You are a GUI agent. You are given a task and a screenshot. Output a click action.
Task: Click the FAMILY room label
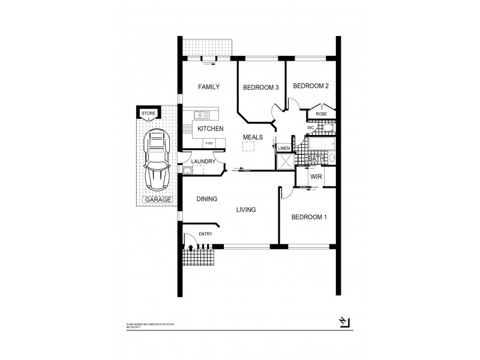coord(209,87)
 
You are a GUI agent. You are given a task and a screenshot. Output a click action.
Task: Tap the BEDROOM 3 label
coord(260,88)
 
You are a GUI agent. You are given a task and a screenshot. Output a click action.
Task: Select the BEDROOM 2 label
coord(311,86)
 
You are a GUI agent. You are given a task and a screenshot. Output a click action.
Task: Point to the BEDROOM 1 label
coord(308,217)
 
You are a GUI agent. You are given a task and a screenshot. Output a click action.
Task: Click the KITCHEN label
coord(211,129)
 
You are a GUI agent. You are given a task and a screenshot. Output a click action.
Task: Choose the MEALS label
coord(253,137)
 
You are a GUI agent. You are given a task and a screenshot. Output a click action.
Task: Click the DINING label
coord(206,199)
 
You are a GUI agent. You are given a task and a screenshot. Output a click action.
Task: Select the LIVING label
coord(246,209)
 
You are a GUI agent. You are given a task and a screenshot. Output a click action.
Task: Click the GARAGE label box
coord(157,200)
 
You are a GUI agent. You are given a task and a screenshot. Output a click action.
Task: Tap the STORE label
coord(148,113)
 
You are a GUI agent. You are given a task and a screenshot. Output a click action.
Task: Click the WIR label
coord(316,178)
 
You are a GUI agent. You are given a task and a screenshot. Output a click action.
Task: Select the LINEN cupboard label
coord(284,148)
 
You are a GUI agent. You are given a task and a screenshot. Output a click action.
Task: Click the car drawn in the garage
coord(155,159)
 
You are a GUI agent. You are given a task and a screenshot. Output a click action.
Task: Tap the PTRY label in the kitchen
coord(209,143)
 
